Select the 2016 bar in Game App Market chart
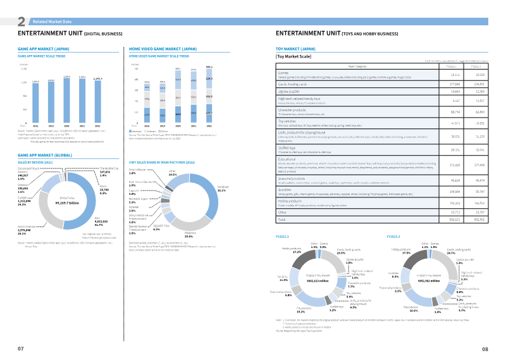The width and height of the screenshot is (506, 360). (35, 102)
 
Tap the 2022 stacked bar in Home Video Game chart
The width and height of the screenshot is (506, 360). (209, 96)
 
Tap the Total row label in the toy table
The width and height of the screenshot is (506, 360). (283, 218)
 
